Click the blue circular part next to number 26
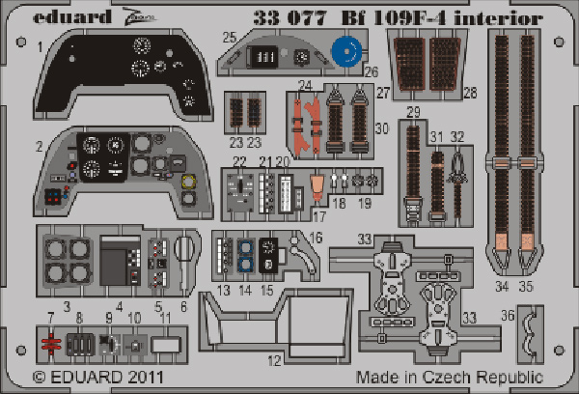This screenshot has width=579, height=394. (346, 52)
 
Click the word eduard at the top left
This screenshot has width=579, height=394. (72, 17)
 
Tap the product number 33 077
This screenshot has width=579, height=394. (290, 17)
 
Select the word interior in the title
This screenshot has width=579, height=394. (499, 17)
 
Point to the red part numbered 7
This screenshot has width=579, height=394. (51, 344)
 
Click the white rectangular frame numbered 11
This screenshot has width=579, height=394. (166, 345)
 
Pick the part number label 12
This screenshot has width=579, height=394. (274, 360)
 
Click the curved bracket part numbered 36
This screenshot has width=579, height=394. (529, 334)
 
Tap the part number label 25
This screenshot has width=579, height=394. (230, 37)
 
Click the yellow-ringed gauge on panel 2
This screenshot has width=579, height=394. (188, 182)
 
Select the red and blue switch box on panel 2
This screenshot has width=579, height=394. (53, 196)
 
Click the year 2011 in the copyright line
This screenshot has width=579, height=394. (146, 377)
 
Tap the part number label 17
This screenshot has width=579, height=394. (319, 216)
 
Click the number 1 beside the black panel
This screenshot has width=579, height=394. (41, 47)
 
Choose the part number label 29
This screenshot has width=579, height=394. (413, 112)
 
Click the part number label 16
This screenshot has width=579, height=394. (317, 238)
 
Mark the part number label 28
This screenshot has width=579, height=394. (471, 93)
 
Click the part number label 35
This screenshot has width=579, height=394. (526, 286)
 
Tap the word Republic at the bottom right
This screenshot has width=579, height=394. (510, 378)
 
